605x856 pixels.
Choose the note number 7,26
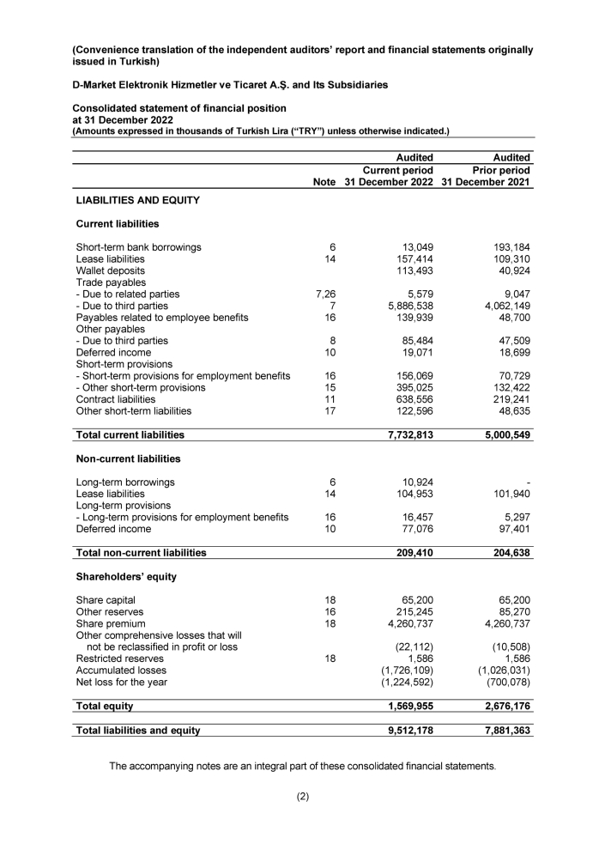325,294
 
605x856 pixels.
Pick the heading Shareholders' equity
127,576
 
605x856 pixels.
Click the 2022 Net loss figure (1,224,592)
402,682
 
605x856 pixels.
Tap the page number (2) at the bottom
302,796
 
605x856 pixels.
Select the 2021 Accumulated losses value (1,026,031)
500,670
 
